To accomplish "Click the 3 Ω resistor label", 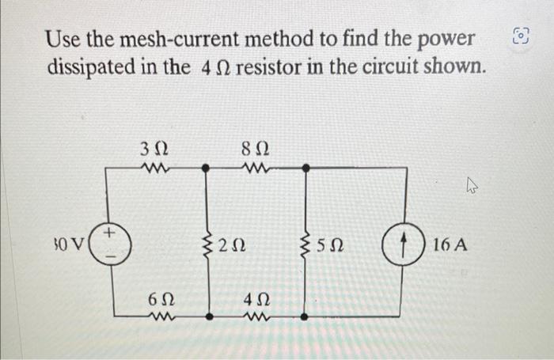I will pyautogui.click(x=152, y=148).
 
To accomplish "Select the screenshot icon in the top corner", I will pyautogui.click(x=519, y=36).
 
